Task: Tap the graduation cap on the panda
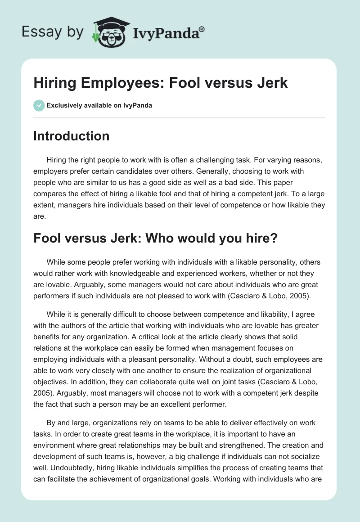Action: [110, 22]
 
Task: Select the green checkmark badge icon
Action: [39, 105]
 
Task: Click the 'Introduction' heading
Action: [71, 136]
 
